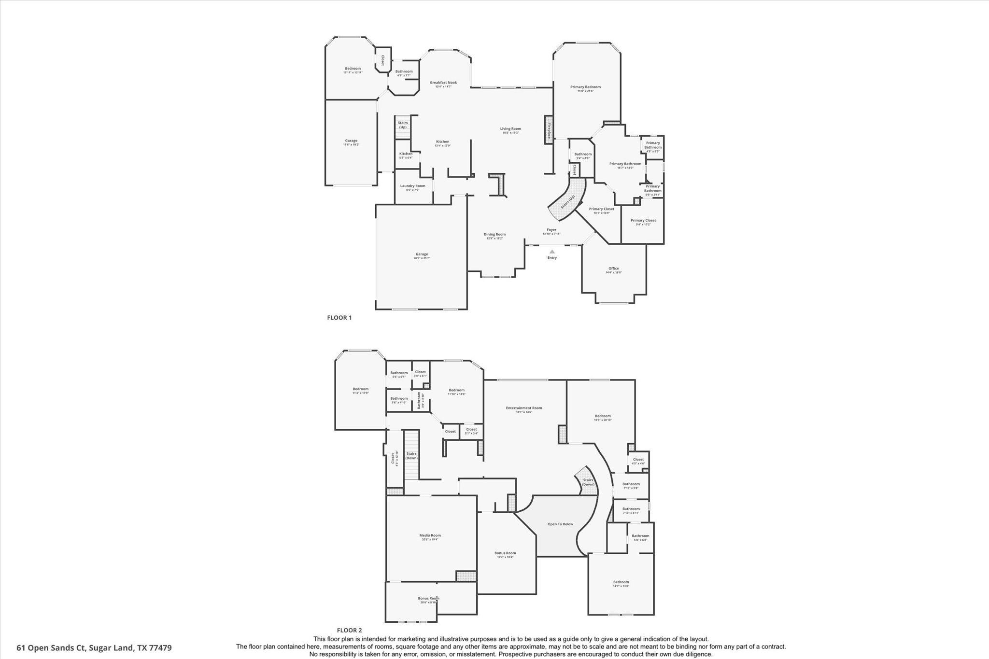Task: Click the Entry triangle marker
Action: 552,252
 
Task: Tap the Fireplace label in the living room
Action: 549,129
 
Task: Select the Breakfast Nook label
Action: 443,83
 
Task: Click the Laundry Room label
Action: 412,186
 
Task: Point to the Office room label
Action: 613,268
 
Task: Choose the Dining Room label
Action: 494,235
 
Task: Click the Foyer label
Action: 551,230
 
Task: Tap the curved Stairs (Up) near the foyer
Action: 568,201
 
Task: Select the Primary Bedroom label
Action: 585,87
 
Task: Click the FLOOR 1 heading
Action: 339,318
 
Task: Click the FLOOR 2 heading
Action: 349,630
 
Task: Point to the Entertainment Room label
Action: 524,408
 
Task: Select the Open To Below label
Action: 560,524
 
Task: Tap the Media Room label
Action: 430,535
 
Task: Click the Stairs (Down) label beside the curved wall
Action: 588,482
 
